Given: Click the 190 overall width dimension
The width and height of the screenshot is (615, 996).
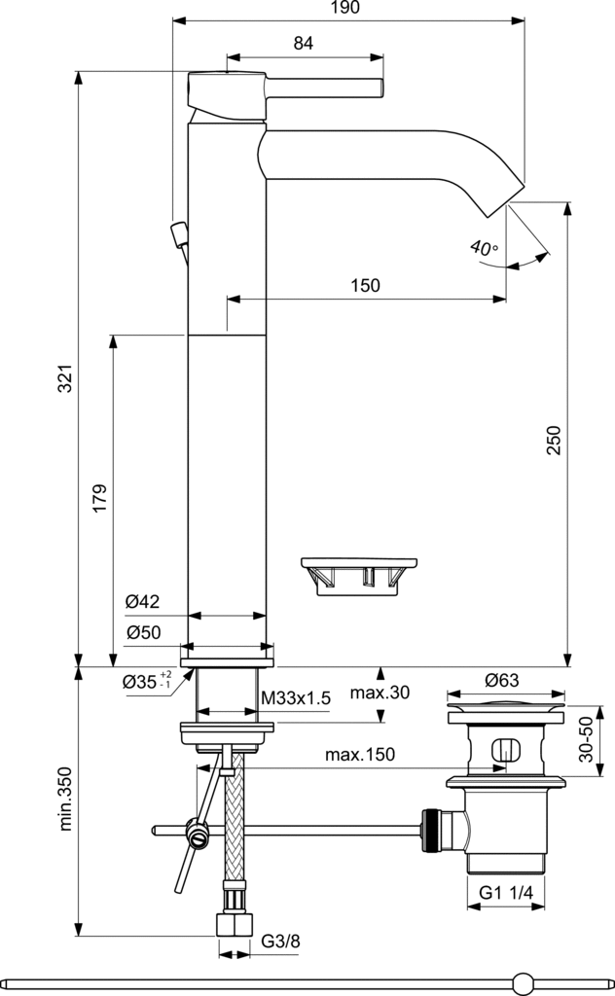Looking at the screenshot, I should [x=345, y=8].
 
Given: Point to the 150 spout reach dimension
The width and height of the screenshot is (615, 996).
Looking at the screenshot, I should [x=365, y=285].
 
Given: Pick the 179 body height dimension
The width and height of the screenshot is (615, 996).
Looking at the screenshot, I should [x=100, y=498].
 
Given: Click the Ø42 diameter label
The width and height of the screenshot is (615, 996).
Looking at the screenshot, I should [x=142, y=602].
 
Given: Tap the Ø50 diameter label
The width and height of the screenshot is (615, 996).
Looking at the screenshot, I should [x=142, y=632].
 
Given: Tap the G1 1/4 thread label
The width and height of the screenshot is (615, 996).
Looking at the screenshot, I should [x=506, y=892].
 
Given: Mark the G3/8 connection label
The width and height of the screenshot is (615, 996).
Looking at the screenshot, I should [x=280, y=942].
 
